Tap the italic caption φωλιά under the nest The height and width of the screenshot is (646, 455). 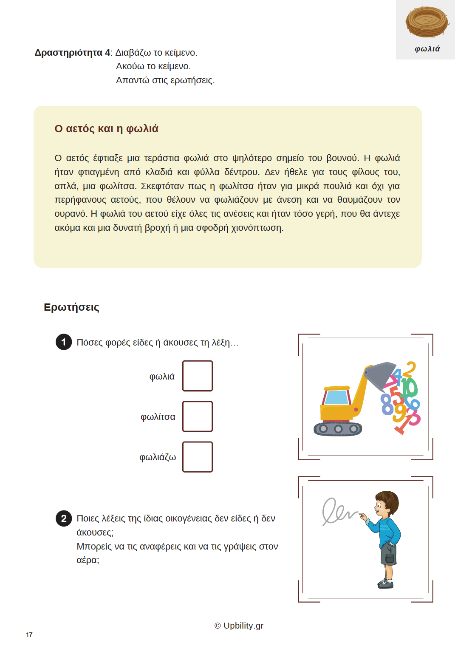[427, 49]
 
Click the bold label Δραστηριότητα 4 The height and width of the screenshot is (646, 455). [73, 53]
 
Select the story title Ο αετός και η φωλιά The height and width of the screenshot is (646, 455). [106, 129]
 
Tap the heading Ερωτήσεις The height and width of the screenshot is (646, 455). [71, 307]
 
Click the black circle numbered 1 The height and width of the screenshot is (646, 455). [64, 342]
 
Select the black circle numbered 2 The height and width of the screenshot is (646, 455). [64, 518]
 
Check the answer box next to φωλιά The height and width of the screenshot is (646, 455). [198, 376]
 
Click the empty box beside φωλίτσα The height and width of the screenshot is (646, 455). [198, 416]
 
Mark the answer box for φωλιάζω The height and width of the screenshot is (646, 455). [198, 457]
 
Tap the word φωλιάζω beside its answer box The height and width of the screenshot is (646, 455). [158, 457]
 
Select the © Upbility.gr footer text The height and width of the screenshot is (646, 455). [239, 626]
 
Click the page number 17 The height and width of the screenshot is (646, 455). [29, 635]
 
